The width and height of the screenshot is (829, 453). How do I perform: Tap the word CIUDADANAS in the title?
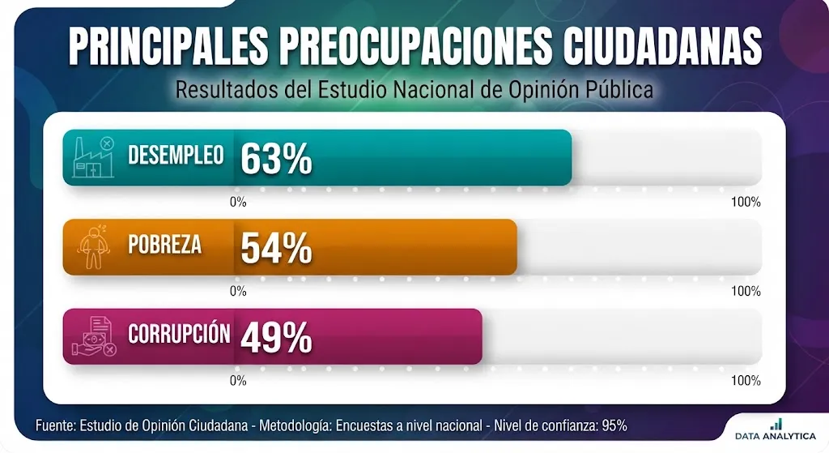click(662, 45)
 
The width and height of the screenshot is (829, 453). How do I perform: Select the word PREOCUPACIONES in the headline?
click(415, 45)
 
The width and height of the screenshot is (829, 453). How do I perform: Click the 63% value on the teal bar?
click(277, 158)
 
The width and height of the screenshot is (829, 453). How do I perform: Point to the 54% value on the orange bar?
click(277, 248)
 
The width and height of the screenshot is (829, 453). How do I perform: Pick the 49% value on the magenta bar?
click(277, 337)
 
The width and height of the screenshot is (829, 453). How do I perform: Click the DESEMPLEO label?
click(176, 155)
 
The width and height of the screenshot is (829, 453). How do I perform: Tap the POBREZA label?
click(165, 245)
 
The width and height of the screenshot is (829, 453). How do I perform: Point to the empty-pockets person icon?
click(94, 246)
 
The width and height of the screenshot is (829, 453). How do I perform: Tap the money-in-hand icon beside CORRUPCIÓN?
click(94, 336)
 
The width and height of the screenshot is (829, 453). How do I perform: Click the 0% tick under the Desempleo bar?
click(238, 202)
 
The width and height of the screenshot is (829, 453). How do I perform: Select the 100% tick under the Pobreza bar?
click(746, 291)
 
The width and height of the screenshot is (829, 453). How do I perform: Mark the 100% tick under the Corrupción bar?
click(746, 381)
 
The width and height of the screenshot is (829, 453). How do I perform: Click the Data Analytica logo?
click(776, 429)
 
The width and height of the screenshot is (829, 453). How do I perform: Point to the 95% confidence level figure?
click(615, 425)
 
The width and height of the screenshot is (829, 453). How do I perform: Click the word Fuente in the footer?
click(56, 425)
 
